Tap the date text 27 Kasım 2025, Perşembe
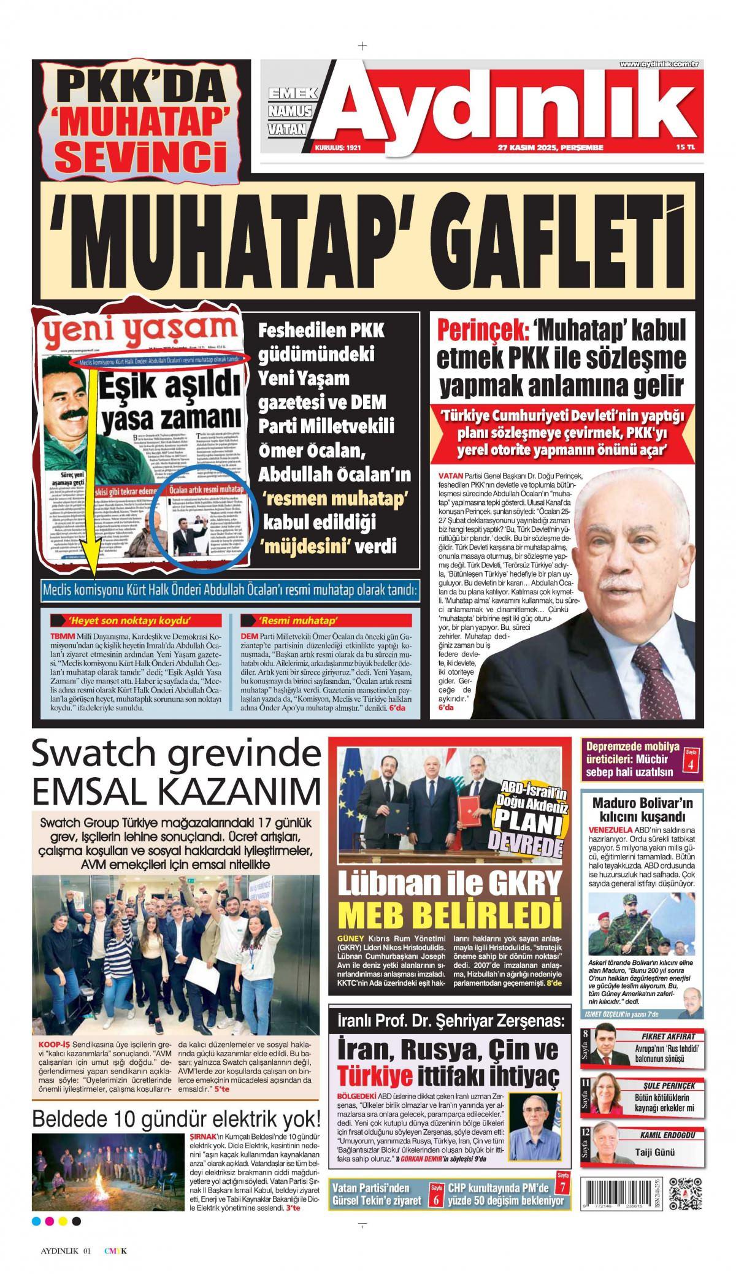550,148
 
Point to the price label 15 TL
685,148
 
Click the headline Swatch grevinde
175,755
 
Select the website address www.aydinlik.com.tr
659,64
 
